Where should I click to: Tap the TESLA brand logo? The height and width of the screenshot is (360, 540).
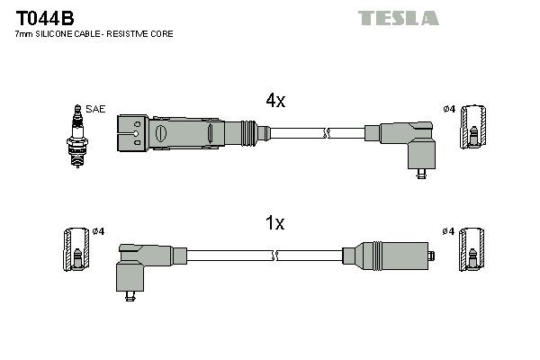(x=398, y=18)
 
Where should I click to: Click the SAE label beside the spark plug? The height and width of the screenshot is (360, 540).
(x=96, y=109)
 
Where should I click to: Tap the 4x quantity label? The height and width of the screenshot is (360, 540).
(x=274, y=102)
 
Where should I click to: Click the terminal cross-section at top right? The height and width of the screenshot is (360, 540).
(x=473, y=129)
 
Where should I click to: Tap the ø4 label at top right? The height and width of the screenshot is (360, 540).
(x=449, y=109)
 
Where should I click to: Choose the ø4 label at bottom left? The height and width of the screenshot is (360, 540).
(x=99, y=231)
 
